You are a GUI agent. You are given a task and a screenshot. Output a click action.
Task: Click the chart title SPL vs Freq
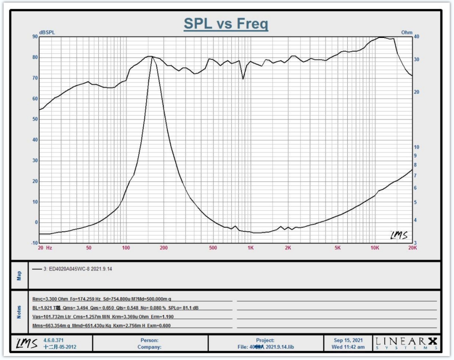coord(226,24)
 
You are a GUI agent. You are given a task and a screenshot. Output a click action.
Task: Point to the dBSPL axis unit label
coord(47,32)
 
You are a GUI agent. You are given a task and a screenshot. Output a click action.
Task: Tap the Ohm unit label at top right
coord(406,32)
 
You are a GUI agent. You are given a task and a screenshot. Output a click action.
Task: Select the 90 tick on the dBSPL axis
coord(35,36)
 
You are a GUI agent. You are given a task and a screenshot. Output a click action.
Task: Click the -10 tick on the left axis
coord(34,243)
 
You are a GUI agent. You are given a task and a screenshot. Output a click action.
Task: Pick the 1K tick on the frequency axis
coord(250,248)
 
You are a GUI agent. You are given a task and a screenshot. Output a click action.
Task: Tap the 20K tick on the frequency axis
coord(413,248)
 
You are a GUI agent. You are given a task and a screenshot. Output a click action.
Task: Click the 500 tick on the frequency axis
coord(213,248)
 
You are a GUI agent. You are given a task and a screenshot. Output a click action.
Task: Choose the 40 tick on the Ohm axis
coord(416,36)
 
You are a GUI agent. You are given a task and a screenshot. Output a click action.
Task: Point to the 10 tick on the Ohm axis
coord(416,147)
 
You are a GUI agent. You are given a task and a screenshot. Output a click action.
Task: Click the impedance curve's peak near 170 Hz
coord(152,57)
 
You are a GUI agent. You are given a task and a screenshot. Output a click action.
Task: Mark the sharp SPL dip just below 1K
coord(243,79)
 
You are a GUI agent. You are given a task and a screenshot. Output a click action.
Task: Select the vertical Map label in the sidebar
coord(19,276)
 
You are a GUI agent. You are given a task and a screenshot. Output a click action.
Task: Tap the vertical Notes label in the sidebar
coord(19,312)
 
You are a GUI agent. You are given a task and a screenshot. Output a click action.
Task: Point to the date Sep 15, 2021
coord(348,340)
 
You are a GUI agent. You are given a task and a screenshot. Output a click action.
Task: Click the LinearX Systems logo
coord(406,343)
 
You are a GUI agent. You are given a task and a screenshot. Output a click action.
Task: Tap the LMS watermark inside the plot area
coord(399,235)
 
